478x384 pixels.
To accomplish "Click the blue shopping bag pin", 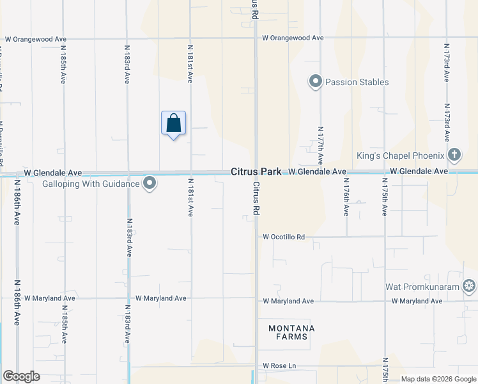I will point(173,124).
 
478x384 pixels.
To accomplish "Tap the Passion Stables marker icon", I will point(315,82).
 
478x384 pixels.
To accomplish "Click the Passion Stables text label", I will point(357,82).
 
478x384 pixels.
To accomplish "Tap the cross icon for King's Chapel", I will point(454,154).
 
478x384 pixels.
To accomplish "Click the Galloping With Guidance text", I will point(91,184).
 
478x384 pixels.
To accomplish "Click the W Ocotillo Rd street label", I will point(284,237).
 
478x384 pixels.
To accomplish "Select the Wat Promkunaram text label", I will point(422,287).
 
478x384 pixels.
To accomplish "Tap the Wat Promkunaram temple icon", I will point(470,286).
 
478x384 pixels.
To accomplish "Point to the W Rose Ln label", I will point(279,366).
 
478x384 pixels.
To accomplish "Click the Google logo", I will point(21,376).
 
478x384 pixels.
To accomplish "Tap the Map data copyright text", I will point(438,379).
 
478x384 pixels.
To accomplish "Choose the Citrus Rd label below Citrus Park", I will point(256,198).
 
